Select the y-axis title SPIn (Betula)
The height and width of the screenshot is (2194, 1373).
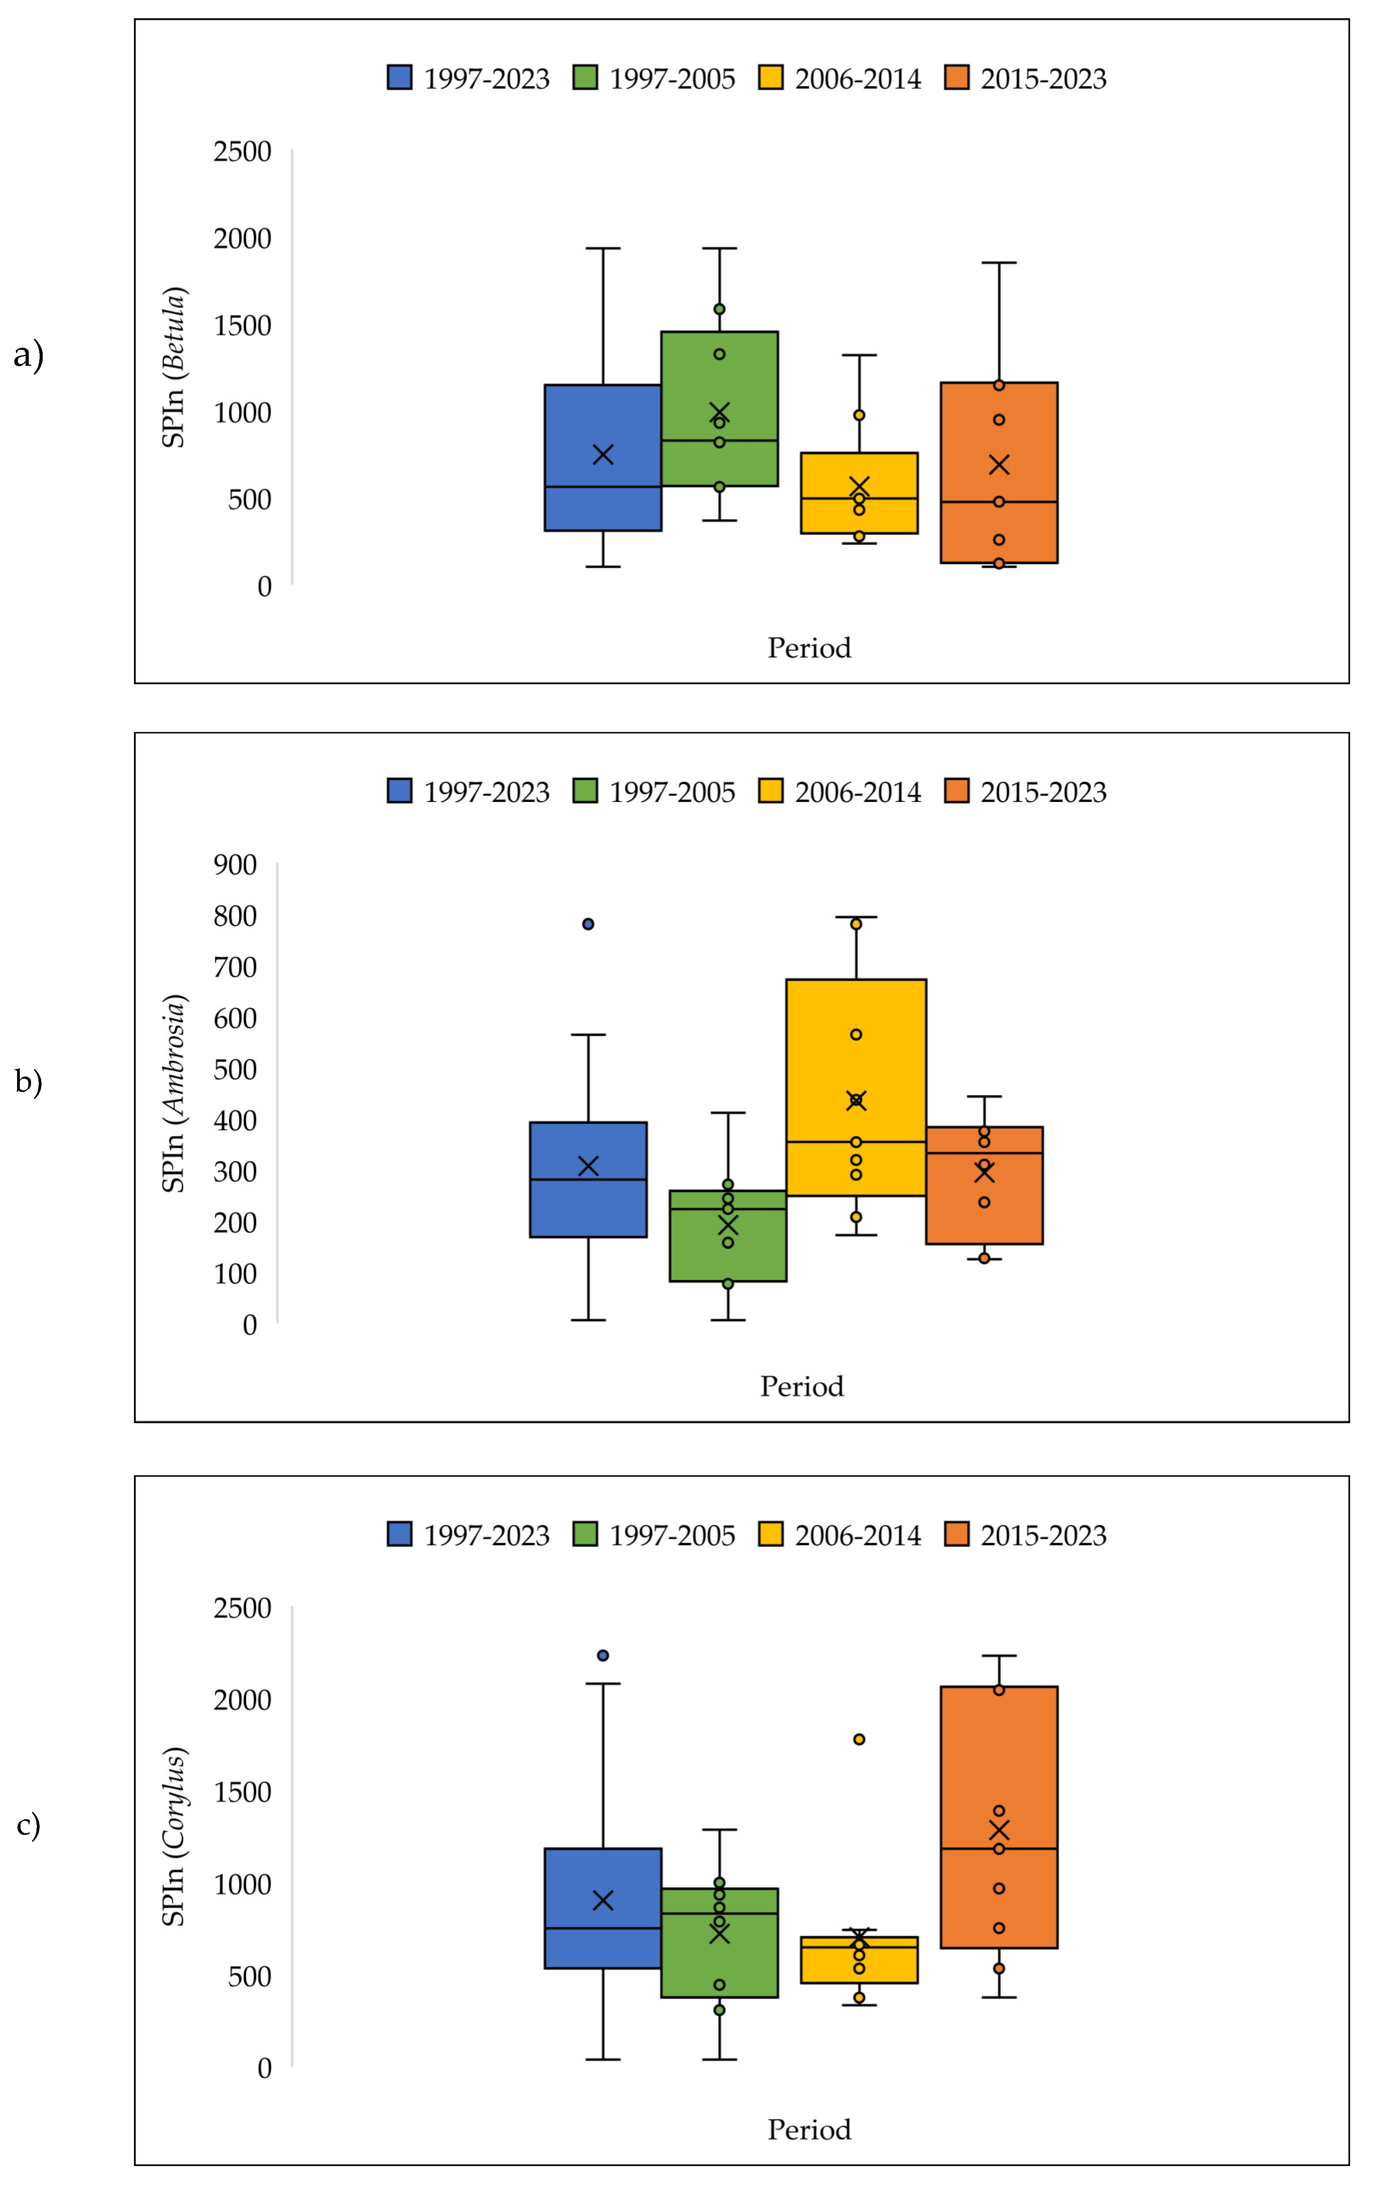click(174, 368)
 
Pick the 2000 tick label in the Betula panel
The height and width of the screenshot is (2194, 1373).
click(242, 239)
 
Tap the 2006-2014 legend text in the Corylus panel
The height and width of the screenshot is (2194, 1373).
click(858, 1535)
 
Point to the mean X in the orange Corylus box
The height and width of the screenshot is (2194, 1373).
click(999, 1830)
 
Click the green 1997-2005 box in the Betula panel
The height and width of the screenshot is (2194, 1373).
click(719, 381)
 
